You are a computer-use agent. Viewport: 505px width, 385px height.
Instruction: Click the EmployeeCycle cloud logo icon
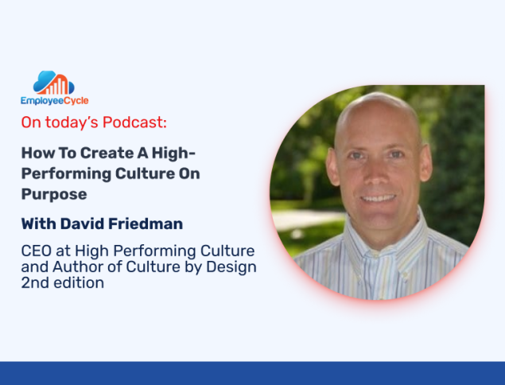[x=54, y=83]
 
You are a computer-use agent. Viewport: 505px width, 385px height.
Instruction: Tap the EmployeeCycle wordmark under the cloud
[x=55, y=100]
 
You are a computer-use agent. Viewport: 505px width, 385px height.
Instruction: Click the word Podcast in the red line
[x=134, y=122]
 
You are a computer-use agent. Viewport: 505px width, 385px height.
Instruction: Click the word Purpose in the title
[x=54, y=195]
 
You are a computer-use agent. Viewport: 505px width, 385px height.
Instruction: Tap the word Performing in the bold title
[x=66, y=174]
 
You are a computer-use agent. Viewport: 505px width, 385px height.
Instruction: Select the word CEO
[x=37, y=251]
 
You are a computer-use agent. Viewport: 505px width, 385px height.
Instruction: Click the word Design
[x=231, y=267]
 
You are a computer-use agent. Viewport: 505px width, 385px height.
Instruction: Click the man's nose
[x=376, y=176]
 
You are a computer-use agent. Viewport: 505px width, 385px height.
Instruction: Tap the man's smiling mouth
[x=378, y=198]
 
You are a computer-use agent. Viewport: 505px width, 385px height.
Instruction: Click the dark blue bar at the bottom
[x=253, y=373]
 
